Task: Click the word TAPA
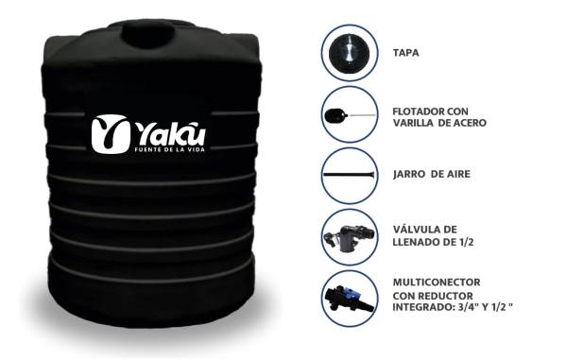pyautogui.click(x=405, y=53)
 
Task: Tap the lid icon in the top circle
pyautogui.click(x=349, y=53)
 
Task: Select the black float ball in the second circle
pyautogui.click(x=336, y=115)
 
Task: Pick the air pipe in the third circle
pyautogui.click(x=349, y=175)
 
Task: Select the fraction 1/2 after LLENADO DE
pyautogui.click(x=466, y=242)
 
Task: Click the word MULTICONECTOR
pyautogui.click(x=437, y=282)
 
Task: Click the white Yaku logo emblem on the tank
pyautogui.click(x=109, y=133)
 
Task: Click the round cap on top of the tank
pyautogui.click(x=149, y=34)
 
